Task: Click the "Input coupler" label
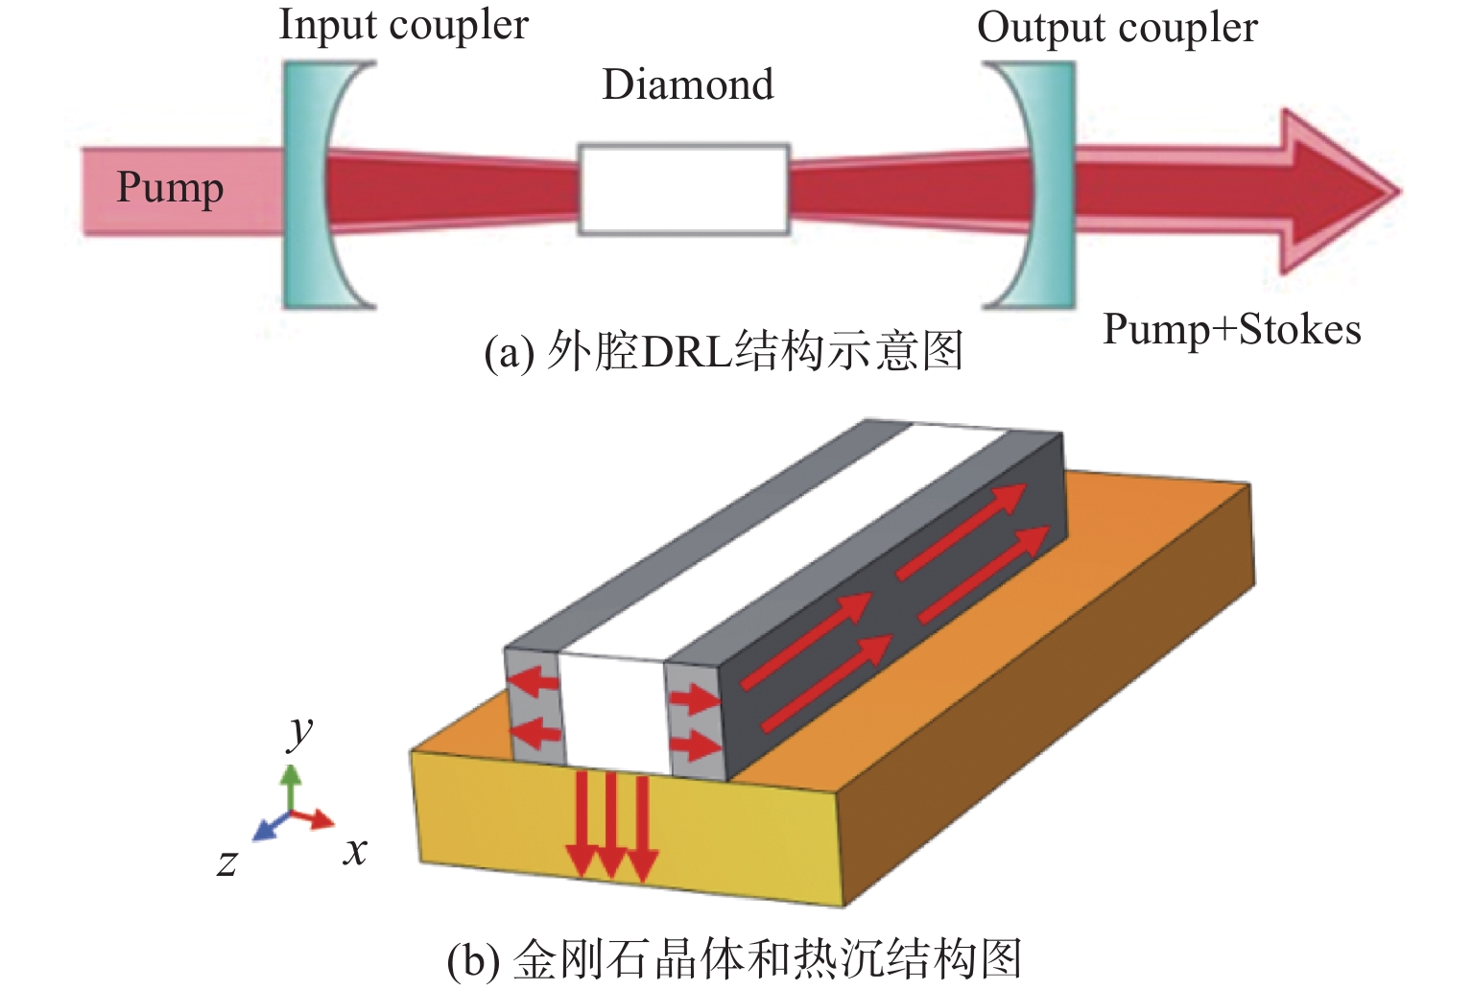click(x=403, y=26)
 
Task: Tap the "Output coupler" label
click(x=1117, y=28)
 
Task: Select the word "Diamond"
click(x=687, y=84)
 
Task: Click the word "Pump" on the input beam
click(x=170, y=188)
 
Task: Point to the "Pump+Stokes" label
click(x=1231, y=330)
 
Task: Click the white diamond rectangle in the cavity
click(x=683, y=189)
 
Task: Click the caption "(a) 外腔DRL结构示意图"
click(x=724, y=352)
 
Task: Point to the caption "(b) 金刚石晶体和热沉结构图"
click(x=734, y=958)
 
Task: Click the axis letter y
click(x=300, y=731)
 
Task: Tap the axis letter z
click(x=226, y=862)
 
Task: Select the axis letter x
click(x=355, y=850)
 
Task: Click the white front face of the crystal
click(x=611, y=710)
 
